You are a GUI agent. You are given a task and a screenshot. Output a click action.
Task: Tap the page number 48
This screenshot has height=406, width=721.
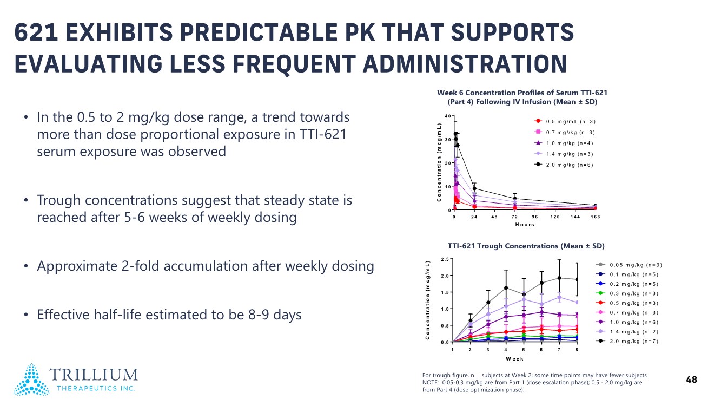click(x=691, y=380)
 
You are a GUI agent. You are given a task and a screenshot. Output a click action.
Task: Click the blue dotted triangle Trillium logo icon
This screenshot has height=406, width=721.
click(x=31, y=379)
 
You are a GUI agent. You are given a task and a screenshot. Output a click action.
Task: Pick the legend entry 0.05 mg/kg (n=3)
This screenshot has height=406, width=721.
click(x=636, y=265)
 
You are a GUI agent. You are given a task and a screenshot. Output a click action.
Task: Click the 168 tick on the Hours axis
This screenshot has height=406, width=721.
click(x=595, y=217)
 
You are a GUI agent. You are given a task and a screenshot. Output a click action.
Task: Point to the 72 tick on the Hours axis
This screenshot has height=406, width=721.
click(x=515, y=217)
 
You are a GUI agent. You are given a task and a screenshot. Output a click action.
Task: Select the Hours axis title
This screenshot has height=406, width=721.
click(x=524, y=225)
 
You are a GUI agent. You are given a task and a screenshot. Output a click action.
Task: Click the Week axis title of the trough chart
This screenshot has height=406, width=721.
click(x=514, y=359)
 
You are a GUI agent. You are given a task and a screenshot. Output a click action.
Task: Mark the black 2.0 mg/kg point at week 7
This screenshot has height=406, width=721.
click(x=559, y=278)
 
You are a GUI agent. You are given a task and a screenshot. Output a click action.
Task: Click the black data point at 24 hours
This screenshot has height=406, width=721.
click(x=474, y=188)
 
